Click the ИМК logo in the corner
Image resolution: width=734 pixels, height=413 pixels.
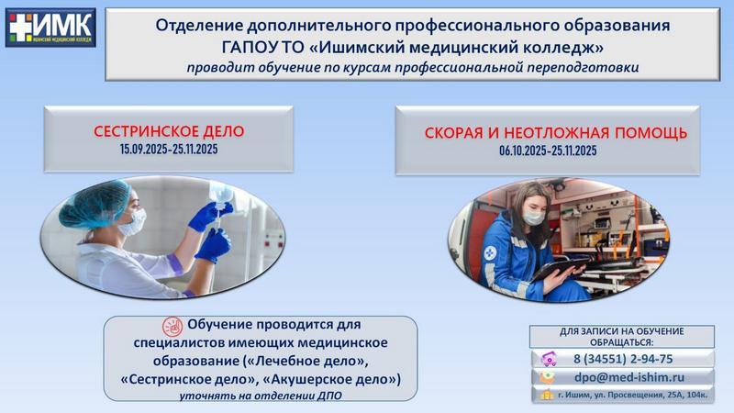coord(50,28)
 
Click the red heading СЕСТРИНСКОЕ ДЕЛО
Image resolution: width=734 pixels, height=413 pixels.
coord(169,131)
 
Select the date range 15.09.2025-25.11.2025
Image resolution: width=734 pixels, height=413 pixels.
coord(169,150)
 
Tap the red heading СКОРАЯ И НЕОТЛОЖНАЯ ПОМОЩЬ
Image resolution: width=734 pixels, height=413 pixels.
coord(556,133)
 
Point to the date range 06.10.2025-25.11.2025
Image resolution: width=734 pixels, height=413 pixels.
coord(548,151)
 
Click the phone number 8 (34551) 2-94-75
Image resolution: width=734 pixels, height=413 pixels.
coord(623,359)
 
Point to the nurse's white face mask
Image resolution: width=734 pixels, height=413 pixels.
coord(132,222)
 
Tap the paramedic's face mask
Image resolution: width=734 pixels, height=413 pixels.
coord(534,217)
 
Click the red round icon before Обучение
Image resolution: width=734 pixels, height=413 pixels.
coord(172,327)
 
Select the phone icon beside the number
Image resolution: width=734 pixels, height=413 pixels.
coord(549,359)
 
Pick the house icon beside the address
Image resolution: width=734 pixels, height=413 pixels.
coord(546,396)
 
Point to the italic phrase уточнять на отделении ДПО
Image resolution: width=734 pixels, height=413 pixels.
coord(261,396)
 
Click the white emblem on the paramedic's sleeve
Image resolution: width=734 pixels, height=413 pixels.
coord(489,253)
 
